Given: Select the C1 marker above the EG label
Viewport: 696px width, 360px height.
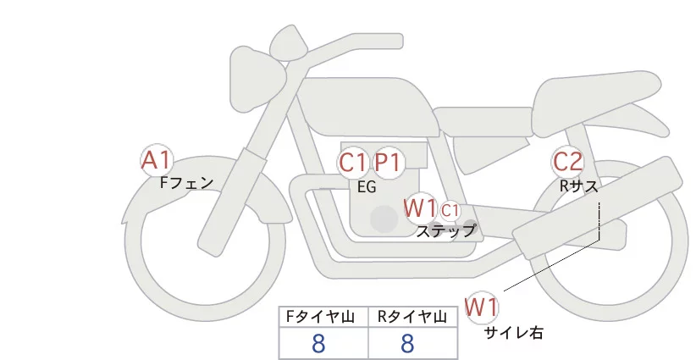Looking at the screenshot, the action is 352,162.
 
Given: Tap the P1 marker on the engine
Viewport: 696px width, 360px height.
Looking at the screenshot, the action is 389,162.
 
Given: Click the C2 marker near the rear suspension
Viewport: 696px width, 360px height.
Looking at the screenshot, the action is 567,161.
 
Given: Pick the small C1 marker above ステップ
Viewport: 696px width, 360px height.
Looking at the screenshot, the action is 450,209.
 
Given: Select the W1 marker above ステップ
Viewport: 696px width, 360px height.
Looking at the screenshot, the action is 420,208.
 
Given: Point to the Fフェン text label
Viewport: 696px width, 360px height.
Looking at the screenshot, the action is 186,181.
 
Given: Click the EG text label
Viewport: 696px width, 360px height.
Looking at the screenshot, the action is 367,188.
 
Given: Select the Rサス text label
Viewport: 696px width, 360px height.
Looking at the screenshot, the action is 578,186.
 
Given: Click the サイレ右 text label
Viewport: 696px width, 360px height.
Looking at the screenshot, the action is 513,333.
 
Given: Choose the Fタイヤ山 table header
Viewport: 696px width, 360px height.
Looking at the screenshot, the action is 323,317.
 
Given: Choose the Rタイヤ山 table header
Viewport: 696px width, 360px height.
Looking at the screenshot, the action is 412,317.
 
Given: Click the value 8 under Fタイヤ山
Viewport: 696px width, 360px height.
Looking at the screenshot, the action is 318,344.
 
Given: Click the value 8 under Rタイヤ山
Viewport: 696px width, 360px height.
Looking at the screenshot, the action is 408,344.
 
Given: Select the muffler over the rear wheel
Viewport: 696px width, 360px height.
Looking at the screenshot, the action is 601,203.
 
